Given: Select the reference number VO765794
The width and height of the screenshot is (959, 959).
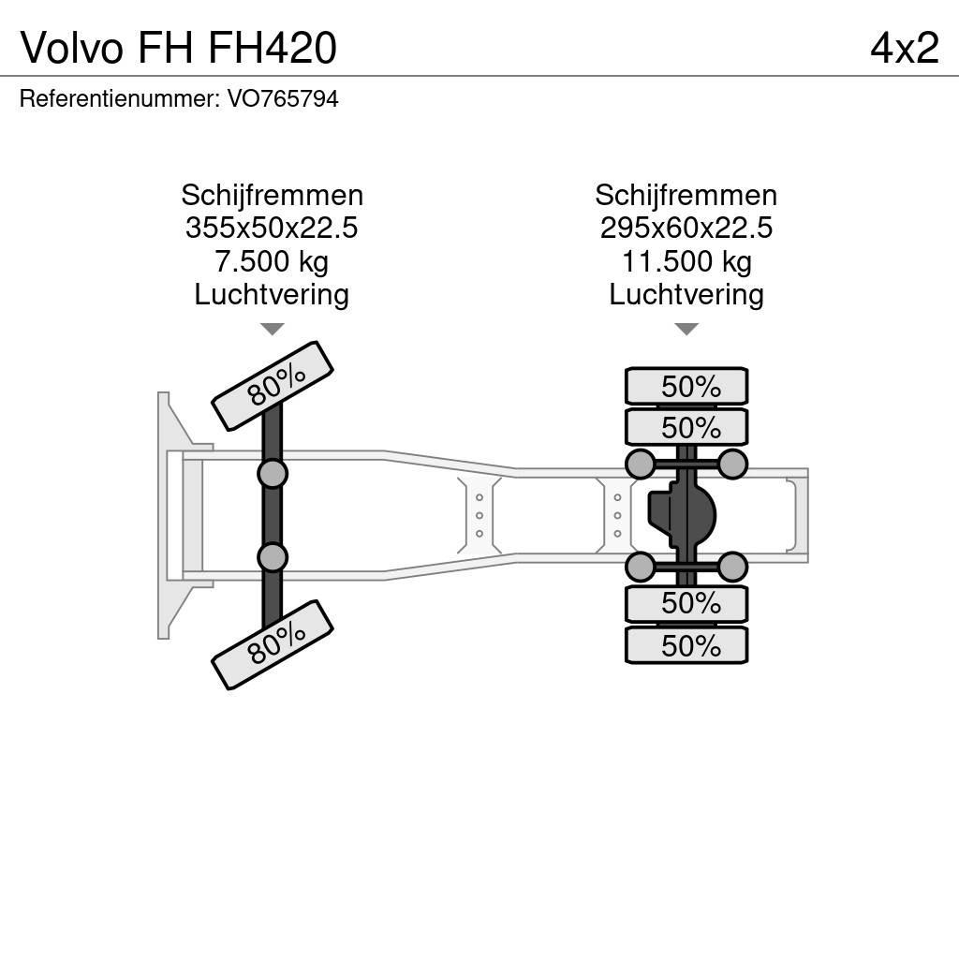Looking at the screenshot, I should click(x=282, y=98).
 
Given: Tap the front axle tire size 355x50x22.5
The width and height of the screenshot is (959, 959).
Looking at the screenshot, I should click(x=272, y=229).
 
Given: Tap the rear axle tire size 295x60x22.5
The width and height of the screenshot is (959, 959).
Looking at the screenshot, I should click(x=686, y=229).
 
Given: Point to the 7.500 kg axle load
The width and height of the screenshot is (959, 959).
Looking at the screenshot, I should click(x=272, y=261).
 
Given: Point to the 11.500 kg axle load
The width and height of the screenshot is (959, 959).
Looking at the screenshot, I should click(x=686, y=261).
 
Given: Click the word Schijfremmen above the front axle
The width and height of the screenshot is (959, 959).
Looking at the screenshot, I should click(x=272, y=196).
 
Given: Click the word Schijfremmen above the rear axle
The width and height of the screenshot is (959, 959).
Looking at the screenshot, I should click(x=686, y=196).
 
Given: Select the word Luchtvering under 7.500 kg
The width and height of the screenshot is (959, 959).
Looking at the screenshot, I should click(x=272, y=294).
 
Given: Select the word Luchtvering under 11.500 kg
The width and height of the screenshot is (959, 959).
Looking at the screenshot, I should click(x=686, y=294).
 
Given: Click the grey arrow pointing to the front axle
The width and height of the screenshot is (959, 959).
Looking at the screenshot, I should click(x=272, y=329).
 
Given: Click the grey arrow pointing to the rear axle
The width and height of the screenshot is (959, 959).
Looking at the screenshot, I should click(x=686, y=329).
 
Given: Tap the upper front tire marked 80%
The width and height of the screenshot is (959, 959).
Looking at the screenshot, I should click(x=273, y=385).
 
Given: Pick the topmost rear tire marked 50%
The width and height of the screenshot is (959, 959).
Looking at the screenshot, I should click(x=686, y=386).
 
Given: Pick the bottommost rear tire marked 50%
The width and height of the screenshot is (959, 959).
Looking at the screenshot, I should click(x=686, y=645).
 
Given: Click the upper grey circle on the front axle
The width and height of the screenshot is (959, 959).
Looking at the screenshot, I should click(x=273, y=474).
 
